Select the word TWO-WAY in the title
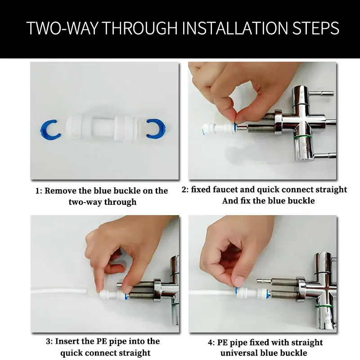click(62, 28)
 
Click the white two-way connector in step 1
click(103, 129)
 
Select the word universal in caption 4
click(238, 352)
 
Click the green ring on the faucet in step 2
click(303, 137)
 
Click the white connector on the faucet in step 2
click(219, 128)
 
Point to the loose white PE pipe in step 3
click(59, 292)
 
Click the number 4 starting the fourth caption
click(210, 343)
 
